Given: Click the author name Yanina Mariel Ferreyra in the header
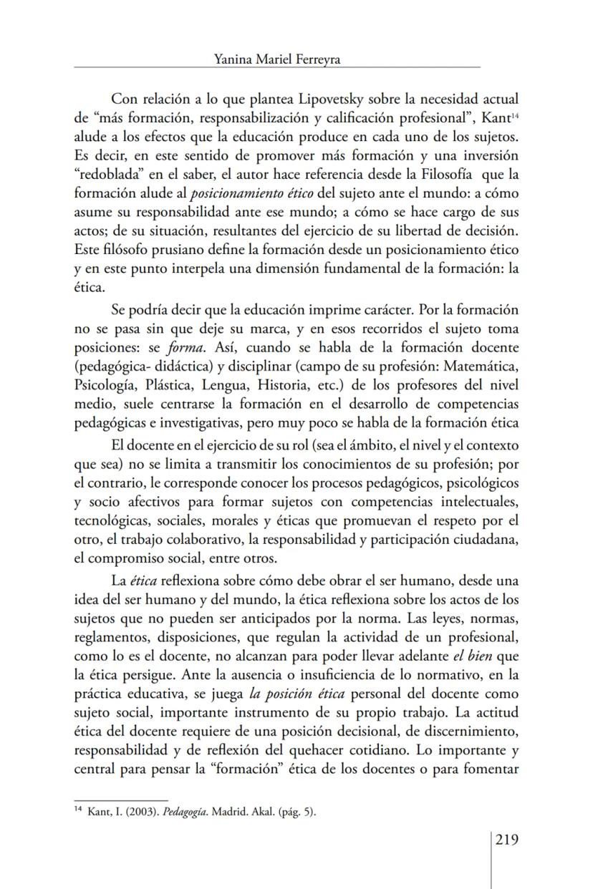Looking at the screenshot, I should (x=276, y=60).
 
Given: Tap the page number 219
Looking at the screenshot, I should (x=506, y=840).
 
